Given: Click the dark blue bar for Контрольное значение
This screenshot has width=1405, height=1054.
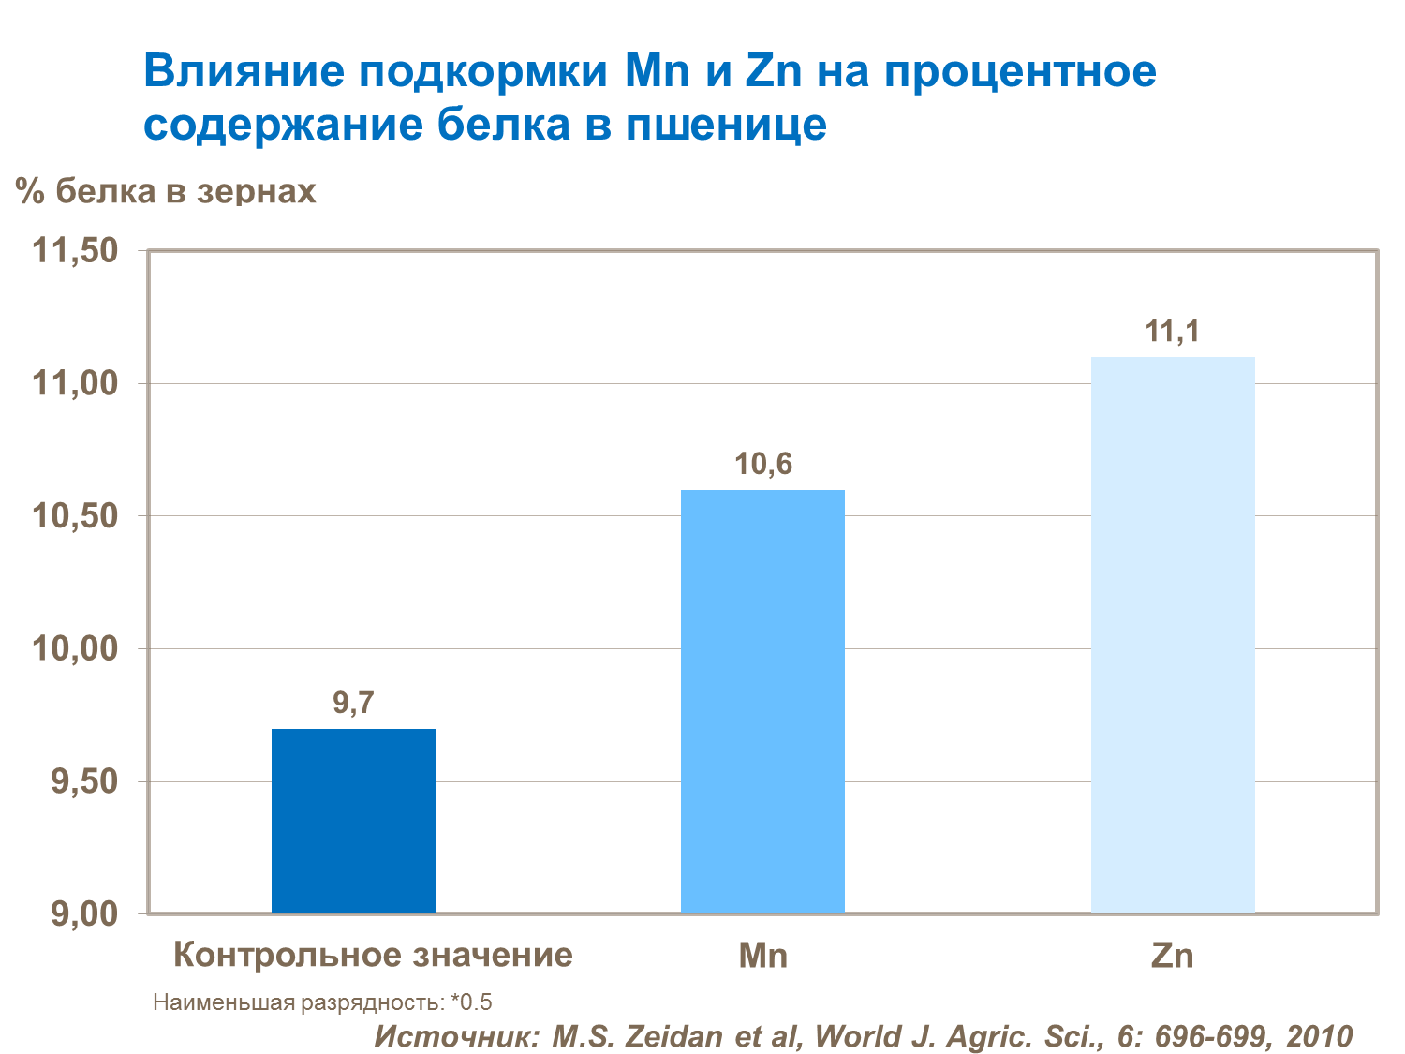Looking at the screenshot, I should [353, 821].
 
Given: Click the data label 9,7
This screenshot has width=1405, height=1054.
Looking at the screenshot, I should [353, 703].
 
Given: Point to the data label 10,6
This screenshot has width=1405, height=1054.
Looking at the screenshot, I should [762, 464].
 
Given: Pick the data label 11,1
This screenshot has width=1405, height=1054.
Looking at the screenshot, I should [1173, 331].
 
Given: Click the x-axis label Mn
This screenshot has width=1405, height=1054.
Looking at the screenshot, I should [762, 956].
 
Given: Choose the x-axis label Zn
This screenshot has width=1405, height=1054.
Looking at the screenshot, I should [1173, 956].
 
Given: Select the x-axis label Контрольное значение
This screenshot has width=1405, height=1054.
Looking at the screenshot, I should [373, 956].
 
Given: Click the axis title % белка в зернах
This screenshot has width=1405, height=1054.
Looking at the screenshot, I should [166, 191].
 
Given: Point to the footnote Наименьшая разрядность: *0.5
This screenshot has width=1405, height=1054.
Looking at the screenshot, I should [322, 1002].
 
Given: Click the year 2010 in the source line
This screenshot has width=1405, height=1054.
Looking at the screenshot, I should [1319, 1035].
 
